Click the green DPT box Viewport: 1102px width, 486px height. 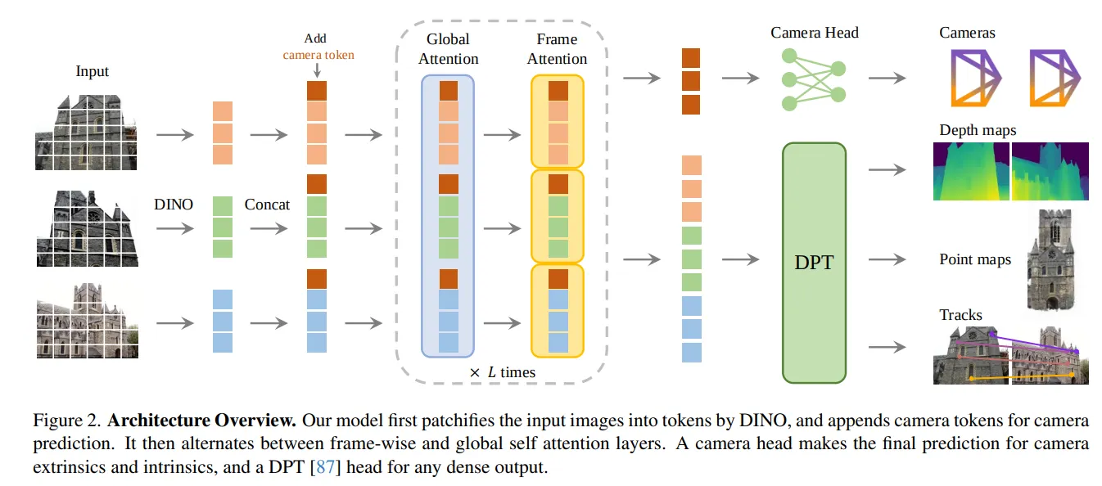(x=814, y=262)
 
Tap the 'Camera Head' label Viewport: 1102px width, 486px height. (x=815, y=33)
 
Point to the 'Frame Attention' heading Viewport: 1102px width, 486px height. (x=557, y=49)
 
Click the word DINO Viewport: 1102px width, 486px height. (x=173, y=204)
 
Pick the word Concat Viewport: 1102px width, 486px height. (x=267, y=204)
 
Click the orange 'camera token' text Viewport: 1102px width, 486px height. (x=318, y=55)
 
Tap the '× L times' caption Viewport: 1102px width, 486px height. (x=502, y=372)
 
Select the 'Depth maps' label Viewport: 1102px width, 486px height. (x=978, y=130)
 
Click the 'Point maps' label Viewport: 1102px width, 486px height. (x=975, y=259)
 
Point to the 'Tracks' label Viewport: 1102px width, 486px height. (x=960, y=314)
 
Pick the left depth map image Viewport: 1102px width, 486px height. (x=971, y=171)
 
